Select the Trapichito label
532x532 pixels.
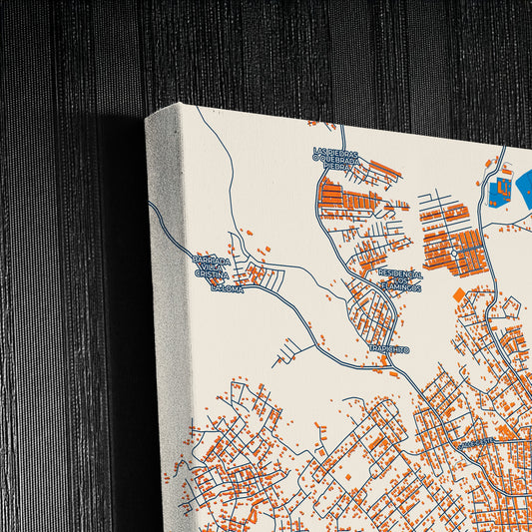[388, 348]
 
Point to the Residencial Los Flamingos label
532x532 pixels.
[399, 279]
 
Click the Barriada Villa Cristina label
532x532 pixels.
[212, 269]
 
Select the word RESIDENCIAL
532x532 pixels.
[398, 271]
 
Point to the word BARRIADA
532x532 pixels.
[212, 261]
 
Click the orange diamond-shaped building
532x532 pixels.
[458, 294]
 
